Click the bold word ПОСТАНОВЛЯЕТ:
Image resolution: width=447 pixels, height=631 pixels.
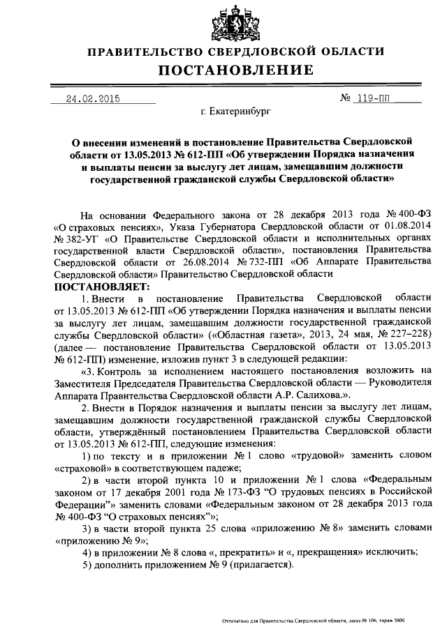(x=102, y=287)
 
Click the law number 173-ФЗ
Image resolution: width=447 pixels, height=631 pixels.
(x=200, y=492)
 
